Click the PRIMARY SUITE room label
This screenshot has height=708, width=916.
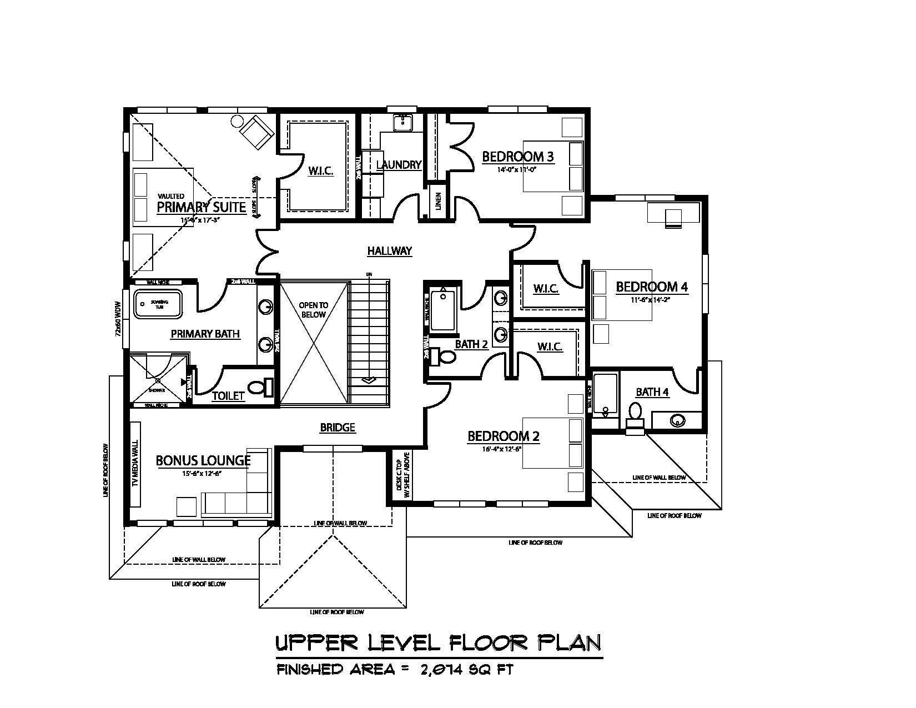[201, 207]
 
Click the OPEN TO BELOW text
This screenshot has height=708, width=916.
[314, 309]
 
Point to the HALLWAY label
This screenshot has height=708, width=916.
[390, 251]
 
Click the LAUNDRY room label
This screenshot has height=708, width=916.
[399, 165]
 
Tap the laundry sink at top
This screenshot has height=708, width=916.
[402, 122]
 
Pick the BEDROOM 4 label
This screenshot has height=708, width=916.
[652, 287]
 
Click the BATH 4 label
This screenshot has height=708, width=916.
[652, 392]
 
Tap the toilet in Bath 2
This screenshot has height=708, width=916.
[444, 356]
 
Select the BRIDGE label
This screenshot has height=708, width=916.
[338, 428]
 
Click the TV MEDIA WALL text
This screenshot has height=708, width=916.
[135, 464]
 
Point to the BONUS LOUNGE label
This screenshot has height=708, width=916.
[203, 460]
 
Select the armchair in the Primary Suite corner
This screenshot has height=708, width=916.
[256, 132]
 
